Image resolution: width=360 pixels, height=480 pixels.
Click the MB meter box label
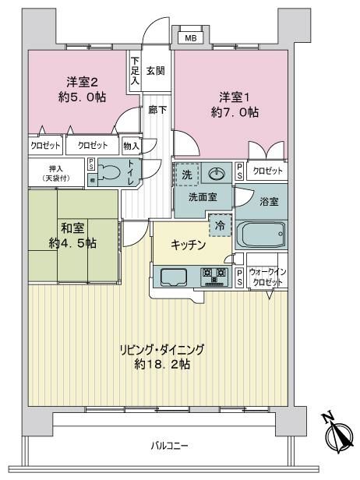point(191,39)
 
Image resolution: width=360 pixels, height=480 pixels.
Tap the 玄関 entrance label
point(156,71)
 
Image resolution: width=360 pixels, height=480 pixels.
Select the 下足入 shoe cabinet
point(135,70)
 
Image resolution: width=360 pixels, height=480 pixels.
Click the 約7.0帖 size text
point(235,112)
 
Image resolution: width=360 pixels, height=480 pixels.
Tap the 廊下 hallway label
point(157,110)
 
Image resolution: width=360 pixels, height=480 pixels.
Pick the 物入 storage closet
point(131,146)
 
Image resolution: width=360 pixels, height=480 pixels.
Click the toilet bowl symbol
point(108,172)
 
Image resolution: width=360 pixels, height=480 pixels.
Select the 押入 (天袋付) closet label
point(56,173)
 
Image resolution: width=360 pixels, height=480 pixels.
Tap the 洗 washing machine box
point(187,175)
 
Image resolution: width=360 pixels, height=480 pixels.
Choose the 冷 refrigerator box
point(220,226)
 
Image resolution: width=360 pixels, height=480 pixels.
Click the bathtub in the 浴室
point(261,235)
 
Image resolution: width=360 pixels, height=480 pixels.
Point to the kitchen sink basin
point(174,277)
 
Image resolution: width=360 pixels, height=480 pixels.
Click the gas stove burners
point(214,277)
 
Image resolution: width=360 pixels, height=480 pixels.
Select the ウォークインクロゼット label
point(267,277)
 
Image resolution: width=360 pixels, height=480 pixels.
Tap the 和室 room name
point(72,228)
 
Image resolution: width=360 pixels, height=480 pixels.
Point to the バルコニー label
point(169,446)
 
